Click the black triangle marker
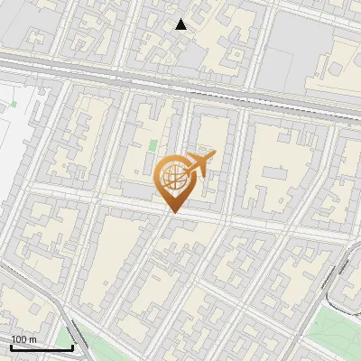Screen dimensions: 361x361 coord(181,24)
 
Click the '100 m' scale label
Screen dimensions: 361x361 coord(23,338)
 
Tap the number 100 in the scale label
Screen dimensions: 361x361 coord(18,338)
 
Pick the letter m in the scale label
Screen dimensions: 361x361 coord(32,338)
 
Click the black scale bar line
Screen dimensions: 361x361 coord(42,348)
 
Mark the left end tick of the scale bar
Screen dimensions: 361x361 coord(11,346)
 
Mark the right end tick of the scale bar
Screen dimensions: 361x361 coord(72,346)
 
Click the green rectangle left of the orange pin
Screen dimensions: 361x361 coord(153,144)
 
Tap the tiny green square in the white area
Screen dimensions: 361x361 coord(15,103)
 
